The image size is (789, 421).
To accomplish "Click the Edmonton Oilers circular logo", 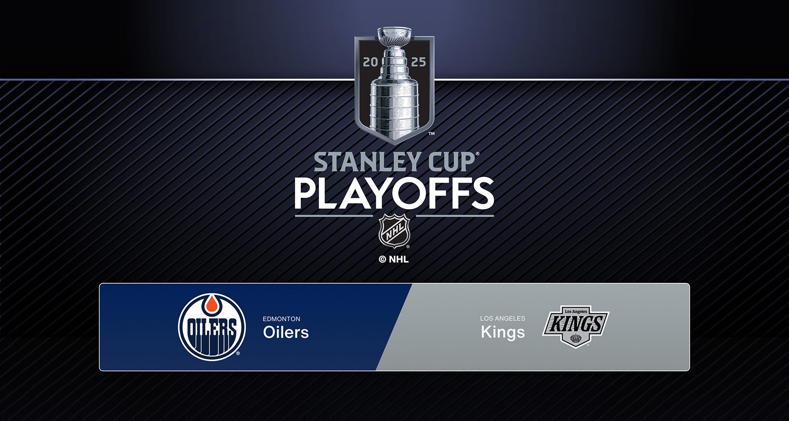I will pos(212,327).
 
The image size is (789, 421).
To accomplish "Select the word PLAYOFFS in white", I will pos(394,194).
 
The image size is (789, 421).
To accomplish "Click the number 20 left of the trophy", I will pos(370,62).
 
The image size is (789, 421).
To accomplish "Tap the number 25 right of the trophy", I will pos(418,62).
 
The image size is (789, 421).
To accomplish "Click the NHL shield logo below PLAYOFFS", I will pos(394,230).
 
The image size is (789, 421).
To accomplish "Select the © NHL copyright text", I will pos(394,259).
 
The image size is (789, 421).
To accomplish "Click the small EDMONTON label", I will pos(281,319).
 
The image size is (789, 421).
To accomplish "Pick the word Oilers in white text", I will pos(286,332).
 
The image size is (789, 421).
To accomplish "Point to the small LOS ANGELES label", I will pos(502,318).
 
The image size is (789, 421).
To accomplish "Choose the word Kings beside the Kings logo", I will pos(503,332).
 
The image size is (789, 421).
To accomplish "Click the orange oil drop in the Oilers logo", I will pos(212,304).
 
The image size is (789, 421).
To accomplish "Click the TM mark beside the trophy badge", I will pos(431,134).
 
